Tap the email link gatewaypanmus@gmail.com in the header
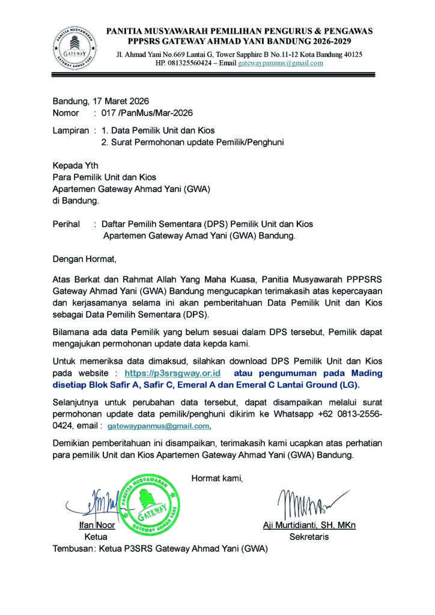[281, 63]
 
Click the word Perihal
[67, 224]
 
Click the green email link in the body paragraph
[159, 425]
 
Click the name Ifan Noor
[97, 525]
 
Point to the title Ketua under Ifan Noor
[96, 536]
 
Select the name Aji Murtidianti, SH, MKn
[309, 525]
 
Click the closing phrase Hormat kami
[217, 478]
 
